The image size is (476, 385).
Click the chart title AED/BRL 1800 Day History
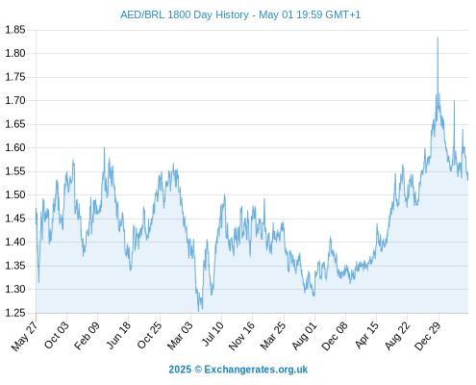[x=185, y=14]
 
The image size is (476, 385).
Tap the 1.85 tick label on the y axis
[x=15, y=30]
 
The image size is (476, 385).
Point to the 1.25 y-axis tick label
[x=15, y=313]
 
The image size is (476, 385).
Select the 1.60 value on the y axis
[x=15, y=147]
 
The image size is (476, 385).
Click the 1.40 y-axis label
[x=15, y=242]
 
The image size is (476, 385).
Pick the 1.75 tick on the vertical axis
[x=15, y=77]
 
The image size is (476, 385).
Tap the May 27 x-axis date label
[x=24, y=336]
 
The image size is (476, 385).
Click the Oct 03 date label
[x=56, y=335]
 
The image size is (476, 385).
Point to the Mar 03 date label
[x=180, y=335]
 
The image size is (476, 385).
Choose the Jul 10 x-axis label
[x=213, y=334]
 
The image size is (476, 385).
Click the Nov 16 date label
[x=241, y=336]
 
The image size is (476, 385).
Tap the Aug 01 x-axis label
[x=304, y=336]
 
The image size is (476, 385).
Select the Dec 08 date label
[x=335, y=336]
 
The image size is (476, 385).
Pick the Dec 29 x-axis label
[x=427, y=336]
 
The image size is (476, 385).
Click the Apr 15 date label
[x=366, y=335]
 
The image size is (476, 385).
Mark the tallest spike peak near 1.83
[x=438, y=38]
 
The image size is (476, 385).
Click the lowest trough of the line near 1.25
[x=198, y=311]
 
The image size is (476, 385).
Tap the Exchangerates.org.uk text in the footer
[x=256, y=370]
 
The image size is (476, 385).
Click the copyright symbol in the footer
[x=198, y=370]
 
